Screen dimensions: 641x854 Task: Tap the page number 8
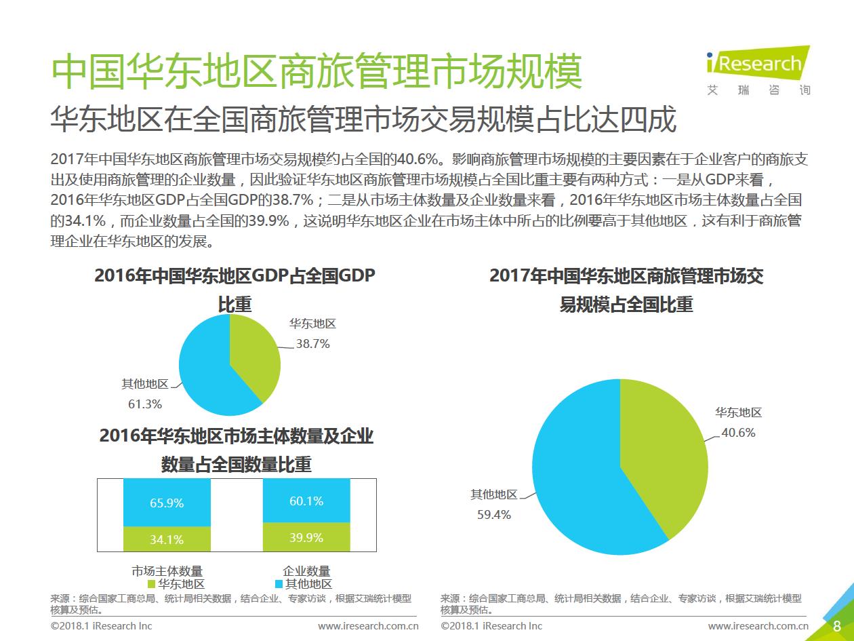837,625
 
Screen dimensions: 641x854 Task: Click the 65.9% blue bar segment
167,503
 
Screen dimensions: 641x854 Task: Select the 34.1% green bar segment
167,539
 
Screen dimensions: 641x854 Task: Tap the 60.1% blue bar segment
306,501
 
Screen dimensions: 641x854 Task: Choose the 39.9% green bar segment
306,537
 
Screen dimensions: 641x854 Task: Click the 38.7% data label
312,344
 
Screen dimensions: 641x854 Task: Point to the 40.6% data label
738,433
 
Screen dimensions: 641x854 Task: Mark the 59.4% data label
494,515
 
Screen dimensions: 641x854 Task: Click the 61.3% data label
145,404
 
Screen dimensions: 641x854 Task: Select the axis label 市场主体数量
167,571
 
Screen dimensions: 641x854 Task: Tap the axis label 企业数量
306,571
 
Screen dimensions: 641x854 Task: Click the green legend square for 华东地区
151,584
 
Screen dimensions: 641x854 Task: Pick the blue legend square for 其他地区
279,584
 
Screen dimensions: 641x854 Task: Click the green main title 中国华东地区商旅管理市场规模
317,71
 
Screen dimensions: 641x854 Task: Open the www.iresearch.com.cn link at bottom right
758,625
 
